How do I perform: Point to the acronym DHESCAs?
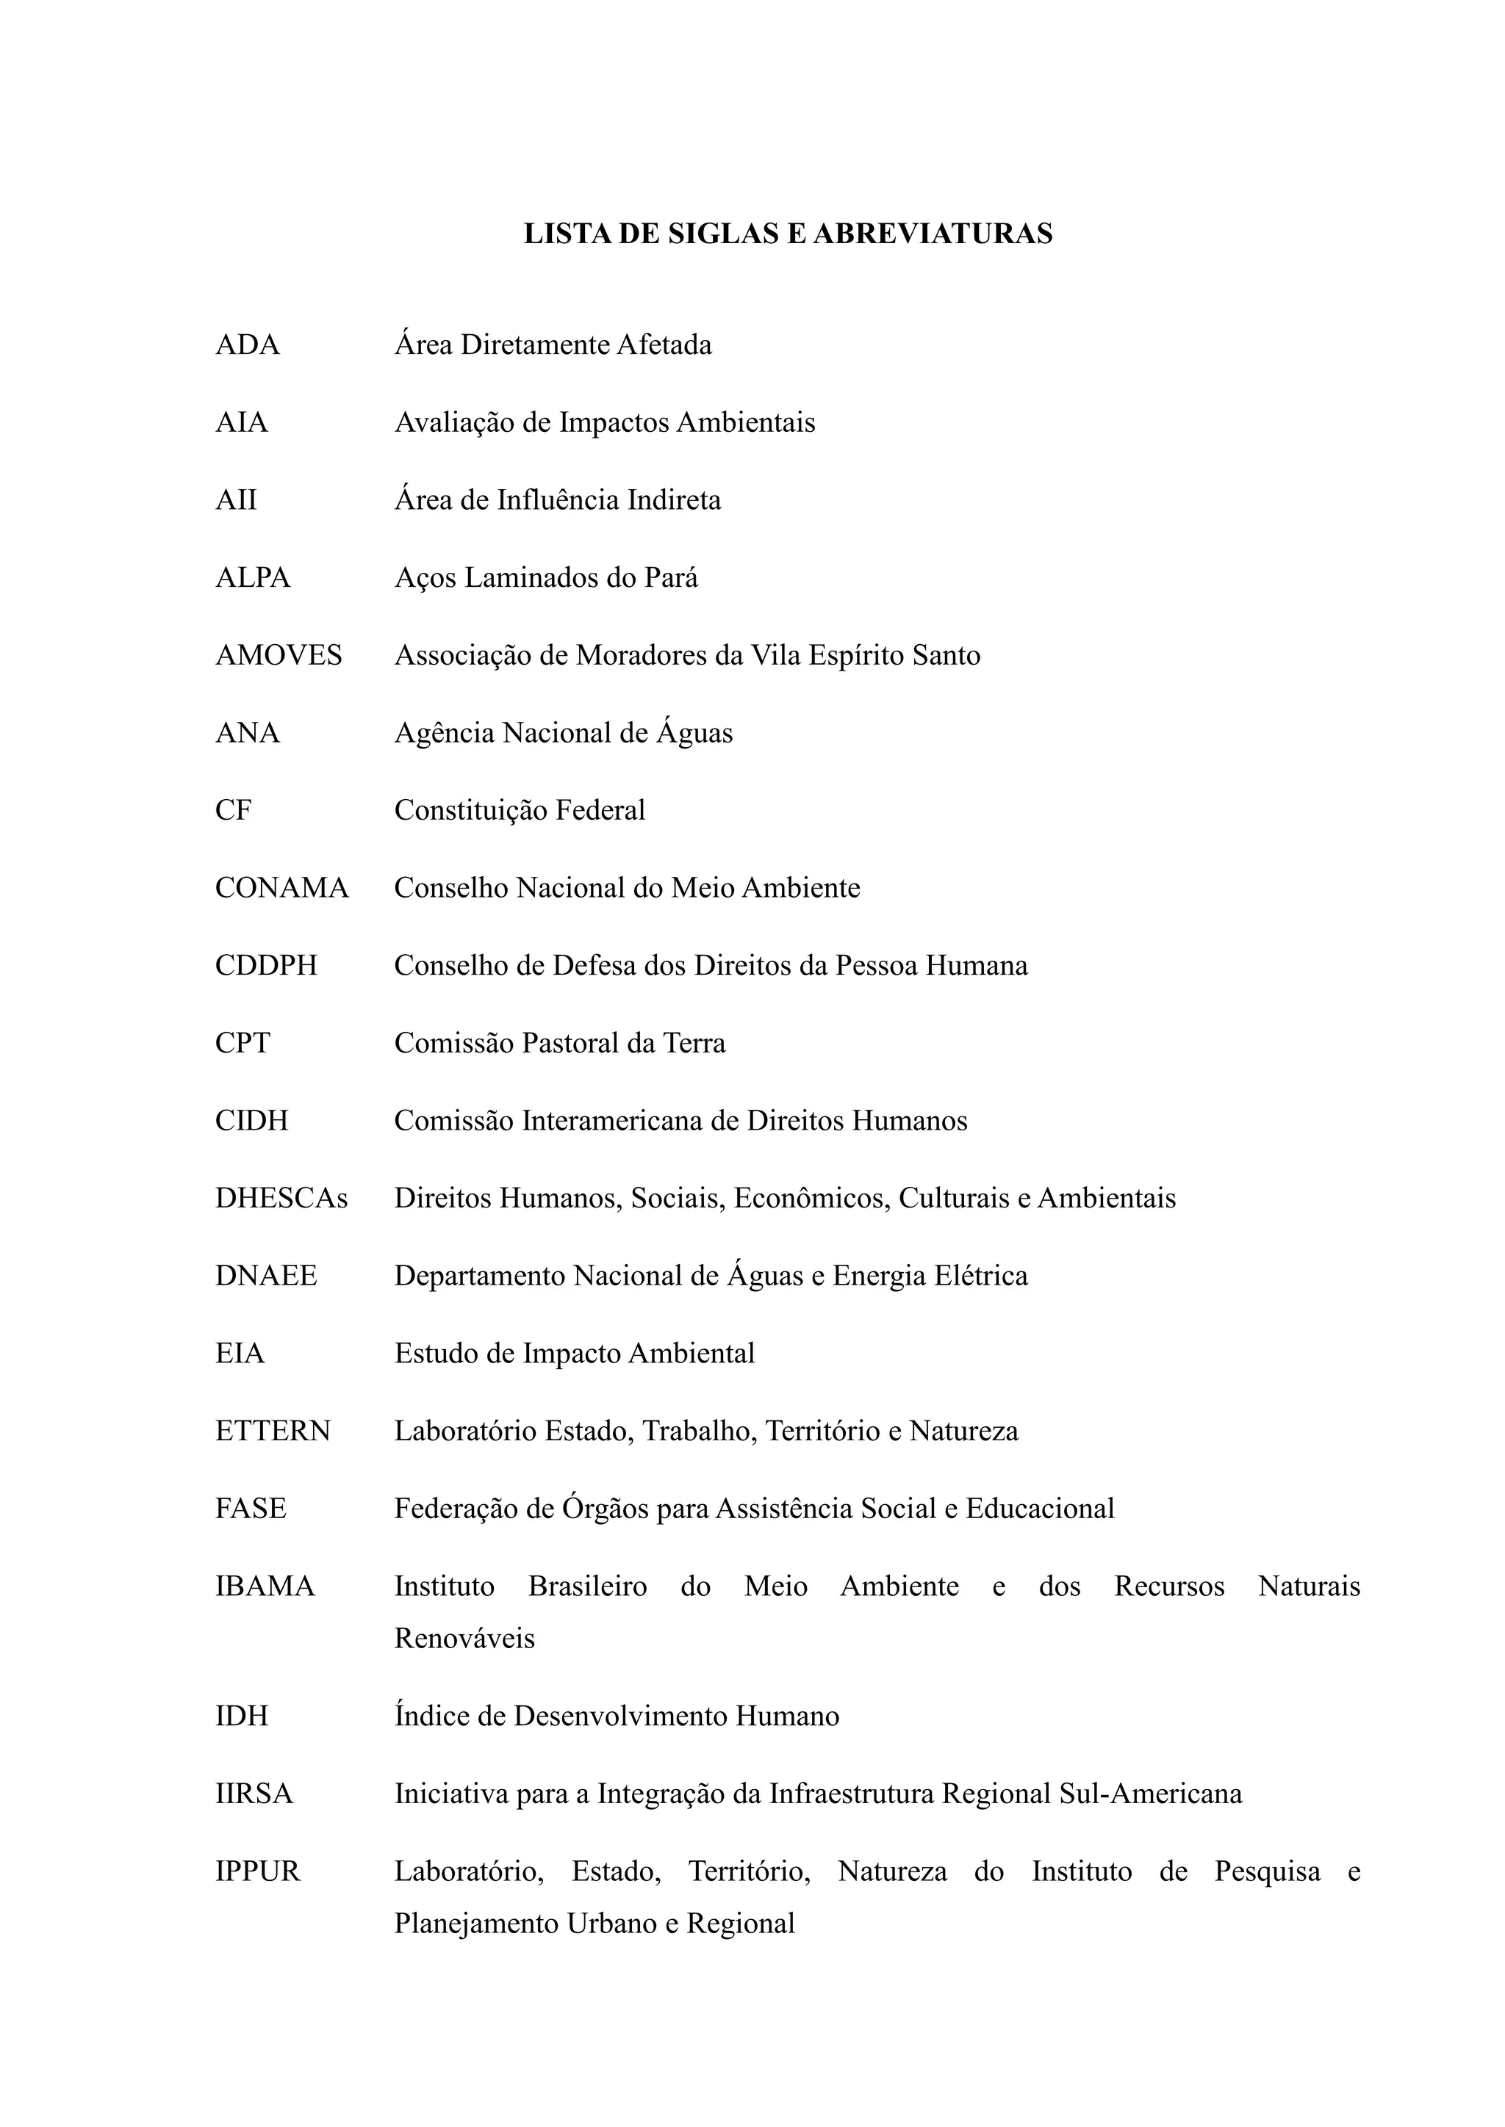(x=281, y=1198)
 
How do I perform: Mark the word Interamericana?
(x=613, y=1121)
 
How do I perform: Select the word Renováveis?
(x=464, y=1638)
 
